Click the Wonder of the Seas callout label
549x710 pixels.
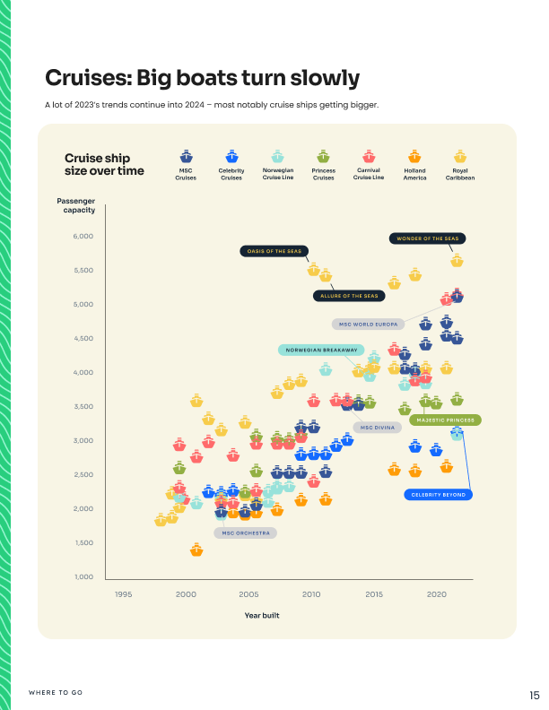click(428, 238)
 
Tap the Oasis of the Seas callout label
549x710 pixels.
click(274, 252)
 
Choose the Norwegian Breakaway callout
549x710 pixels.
click(321, 350)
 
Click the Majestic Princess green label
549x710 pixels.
click(446, 420)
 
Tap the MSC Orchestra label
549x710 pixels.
click(246, 532)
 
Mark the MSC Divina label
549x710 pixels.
click(378, 428)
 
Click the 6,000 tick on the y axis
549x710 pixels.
click(83, 237)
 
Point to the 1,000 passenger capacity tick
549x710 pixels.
click(83, 576)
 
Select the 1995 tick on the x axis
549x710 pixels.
click(123, 594)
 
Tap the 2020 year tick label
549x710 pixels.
click(436, 594)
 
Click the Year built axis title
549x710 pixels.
click(263, 615)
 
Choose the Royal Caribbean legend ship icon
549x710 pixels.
click(460, 157)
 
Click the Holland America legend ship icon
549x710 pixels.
click(414, 157)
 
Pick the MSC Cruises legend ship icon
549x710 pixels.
click(186, 157)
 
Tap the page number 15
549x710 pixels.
click(534, 695)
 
